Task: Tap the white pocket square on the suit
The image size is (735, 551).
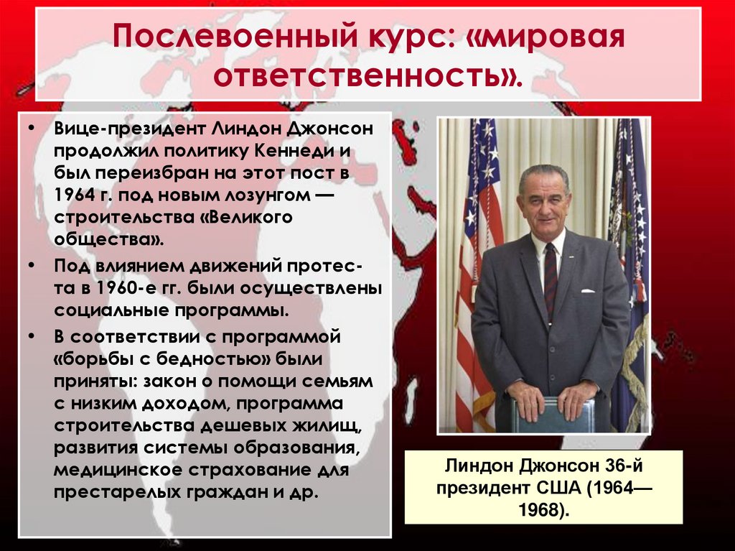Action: coord(587,291)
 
